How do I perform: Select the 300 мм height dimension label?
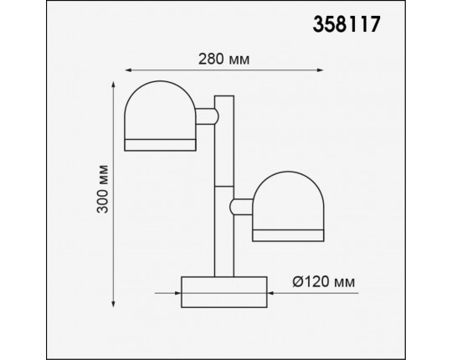coord(102,193)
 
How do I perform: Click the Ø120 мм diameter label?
coord(317,284)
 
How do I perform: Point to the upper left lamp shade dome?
coord(159,109)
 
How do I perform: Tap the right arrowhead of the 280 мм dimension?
coord(323,73)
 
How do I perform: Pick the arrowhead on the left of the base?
coord(177,293)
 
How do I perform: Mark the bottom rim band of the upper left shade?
coord(159,145)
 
